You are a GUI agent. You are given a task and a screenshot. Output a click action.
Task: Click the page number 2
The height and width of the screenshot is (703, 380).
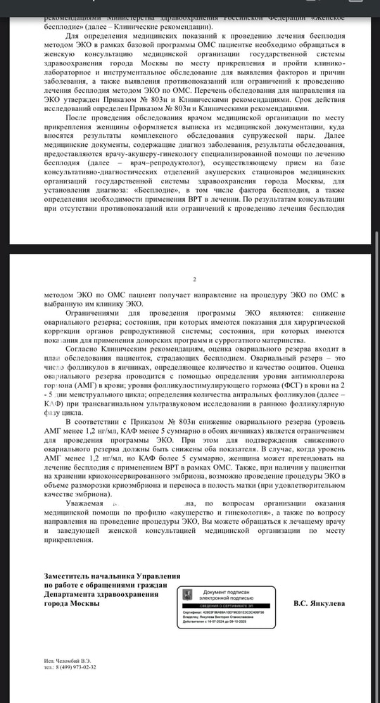(x=194, y=279)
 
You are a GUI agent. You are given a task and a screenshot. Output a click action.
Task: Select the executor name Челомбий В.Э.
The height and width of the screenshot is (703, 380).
(x=77, y=660)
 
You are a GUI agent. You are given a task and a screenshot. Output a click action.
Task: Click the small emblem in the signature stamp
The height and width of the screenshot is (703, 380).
(x=186, y=595)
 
